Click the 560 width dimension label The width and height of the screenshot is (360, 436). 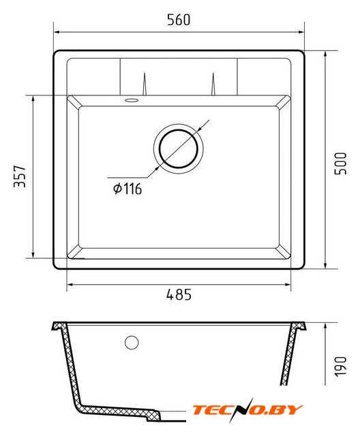coord(179,20)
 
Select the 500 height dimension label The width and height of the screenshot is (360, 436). coord(340,163)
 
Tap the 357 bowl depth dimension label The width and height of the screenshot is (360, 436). coord(20,176)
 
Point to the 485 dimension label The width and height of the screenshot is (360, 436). coord(179,294)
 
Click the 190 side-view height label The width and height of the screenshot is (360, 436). coord(340,367)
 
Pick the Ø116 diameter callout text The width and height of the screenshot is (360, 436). coord(127,189)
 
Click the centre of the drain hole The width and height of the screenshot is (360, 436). coord(179,149)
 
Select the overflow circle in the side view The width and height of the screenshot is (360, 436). coord(132,342)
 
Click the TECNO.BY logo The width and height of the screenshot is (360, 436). coord(247,409)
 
